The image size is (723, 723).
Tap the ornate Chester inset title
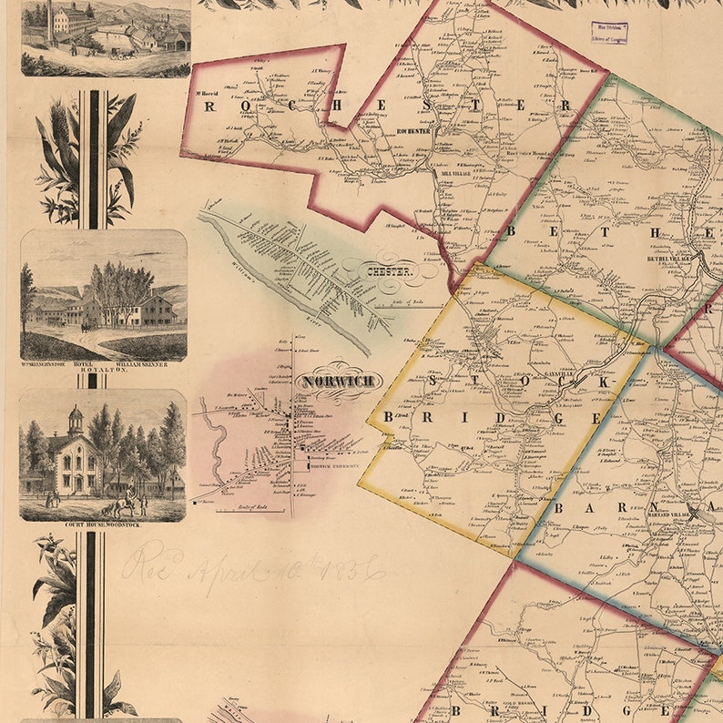click(x=390, y=271)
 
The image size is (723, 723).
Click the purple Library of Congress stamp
click(x=609, y=33)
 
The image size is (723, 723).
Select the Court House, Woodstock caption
click(x=102, y=526)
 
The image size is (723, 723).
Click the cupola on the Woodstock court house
click(x=75, y=419)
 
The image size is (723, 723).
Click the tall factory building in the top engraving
click(x=71, y=17)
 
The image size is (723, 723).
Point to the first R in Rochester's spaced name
click(x=209, y=106)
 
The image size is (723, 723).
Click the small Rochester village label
click(x=412, y=130)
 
